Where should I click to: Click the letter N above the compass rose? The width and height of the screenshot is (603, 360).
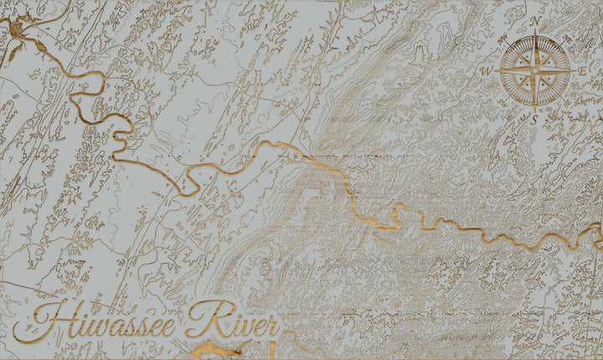pyautogui.click(x=534, y=20)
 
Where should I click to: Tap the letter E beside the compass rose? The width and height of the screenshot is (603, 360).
pyautogui.click(x=582, y=72)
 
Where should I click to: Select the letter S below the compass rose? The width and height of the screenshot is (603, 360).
pyautogui.click(x=534, y=120)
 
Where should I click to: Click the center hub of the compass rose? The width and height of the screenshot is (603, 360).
pyautogui.click(x=534, y=70)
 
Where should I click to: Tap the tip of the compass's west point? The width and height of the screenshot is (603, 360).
pyautogui.click(x=495, y=71)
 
